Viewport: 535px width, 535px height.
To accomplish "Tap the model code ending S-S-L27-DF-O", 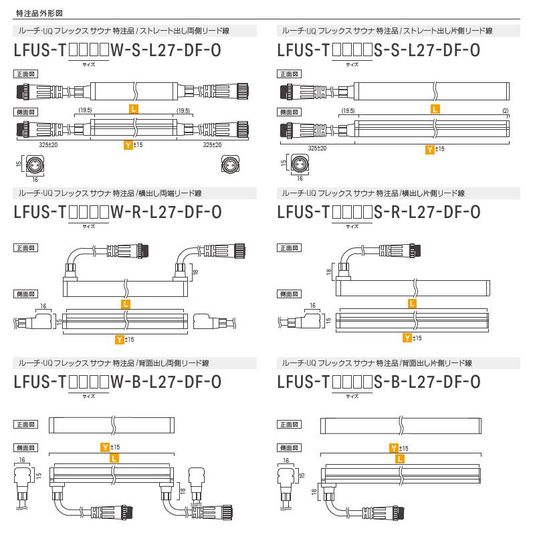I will [378, 50].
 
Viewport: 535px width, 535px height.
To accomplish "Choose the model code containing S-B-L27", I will [378, 382].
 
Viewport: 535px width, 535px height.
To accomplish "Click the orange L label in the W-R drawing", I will [126, 304].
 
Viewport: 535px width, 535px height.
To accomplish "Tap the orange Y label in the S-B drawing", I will [394, 447].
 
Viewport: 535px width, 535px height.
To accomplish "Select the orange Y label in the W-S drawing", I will [128, 144].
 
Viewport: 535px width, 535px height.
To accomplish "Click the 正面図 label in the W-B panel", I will [25, 425].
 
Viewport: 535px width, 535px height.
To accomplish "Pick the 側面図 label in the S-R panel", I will [288, 294].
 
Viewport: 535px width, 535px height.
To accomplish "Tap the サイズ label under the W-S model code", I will [88, 66].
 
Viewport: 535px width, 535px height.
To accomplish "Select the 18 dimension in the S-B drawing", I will [314, 492].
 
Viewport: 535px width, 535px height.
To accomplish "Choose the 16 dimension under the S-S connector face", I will [299, 179].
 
